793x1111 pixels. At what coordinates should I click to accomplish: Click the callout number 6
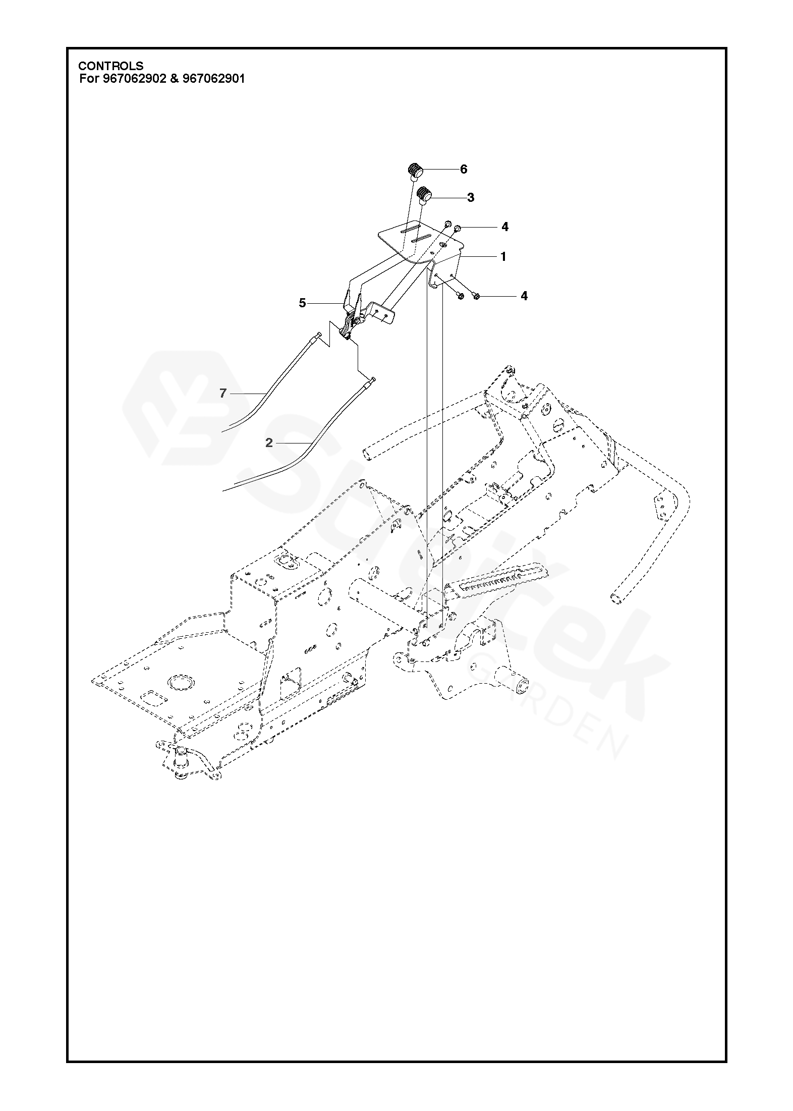click(464, 169)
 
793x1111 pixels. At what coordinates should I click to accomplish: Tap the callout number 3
click(471, 197)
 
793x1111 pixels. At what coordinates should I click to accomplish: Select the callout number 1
click(503, 257)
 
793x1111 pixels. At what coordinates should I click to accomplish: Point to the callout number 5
click(302, 303)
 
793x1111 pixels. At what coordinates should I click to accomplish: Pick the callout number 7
click(223, 393)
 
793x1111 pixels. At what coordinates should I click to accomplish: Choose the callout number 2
click(269, 442)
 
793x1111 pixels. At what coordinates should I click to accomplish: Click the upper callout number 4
click(504, 227)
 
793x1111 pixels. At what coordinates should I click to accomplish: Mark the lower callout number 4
click(524, 296)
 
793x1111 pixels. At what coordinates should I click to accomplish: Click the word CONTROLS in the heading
click(110, 66)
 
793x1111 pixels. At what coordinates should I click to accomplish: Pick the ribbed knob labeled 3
click(426, 194)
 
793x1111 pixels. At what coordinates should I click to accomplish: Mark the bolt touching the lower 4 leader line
click(476, 296)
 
